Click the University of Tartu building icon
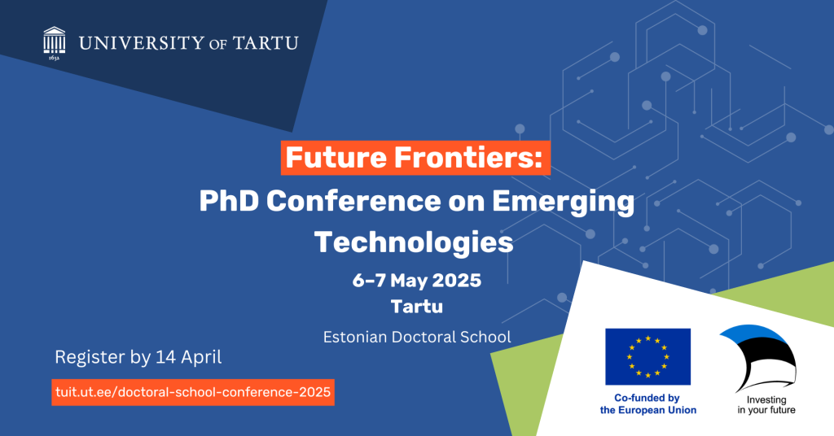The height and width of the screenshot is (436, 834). [x=55, y=40]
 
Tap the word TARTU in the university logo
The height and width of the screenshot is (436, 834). [x=266, y=42]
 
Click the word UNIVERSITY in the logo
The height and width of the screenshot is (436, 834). [x=142, y=42]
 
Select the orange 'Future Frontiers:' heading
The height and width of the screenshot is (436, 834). [x=415, y=158]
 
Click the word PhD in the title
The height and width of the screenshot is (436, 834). [x=229, y=201]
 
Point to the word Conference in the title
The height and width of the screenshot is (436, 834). [x=353, y=201]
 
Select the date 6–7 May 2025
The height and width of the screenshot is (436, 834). [x=417, y=281]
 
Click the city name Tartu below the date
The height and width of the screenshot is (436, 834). [x=417, y=307]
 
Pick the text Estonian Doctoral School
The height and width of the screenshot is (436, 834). [x=417, y=338]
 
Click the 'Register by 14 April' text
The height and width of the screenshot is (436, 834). [x=138, y=357]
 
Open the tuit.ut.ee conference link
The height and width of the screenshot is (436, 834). [x=193, y=392]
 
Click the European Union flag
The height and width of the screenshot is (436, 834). [x=647, y=356]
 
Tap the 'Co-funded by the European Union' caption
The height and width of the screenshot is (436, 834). [x=647, y=404]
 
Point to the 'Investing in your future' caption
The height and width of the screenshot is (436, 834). [x=766, y=404]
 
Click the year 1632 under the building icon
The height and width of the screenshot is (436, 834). [x=55, y=58]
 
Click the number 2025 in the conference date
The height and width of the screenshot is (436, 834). [x=457, y=281]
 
